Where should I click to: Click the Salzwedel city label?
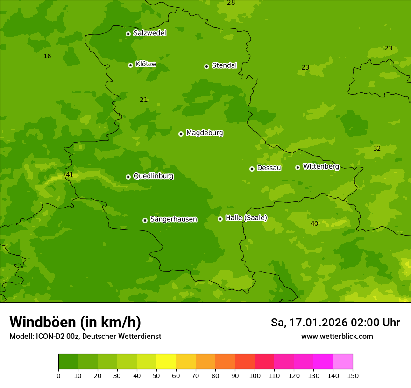[x=149, y=33]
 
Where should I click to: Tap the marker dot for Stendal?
[x=206, y=66]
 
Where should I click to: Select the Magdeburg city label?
[x=205, y=133]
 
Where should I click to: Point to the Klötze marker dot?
[x=130, y=65]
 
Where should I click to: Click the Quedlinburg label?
[x=153, y=176]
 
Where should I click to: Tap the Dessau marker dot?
[x=252, y=169]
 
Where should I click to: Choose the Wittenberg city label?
[x=321, y=167]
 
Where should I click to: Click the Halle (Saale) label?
[x=246, y=218]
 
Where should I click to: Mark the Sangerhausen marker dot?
[x=145, y=220]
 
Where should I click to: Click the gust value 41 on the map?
[x=70, y=175]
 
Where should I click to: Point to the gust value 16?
[x=47, y=57]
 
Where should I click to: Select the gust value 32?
[x=377, y=149]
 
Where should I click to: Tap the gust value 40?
[x=314, y=224]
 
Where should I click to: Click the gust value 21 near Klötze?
[x=144, y=100]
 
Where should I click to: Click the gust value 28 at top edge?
[x=231, y=3]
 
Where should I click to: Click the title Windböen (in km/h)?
[x=75, y=322]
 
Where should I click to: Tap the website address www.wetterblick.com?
[x=337, y=337]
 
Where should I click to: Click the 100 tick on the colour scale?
[x=255, y=375]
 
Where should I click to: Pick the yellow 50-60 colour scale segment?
[x=166, y=362]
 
